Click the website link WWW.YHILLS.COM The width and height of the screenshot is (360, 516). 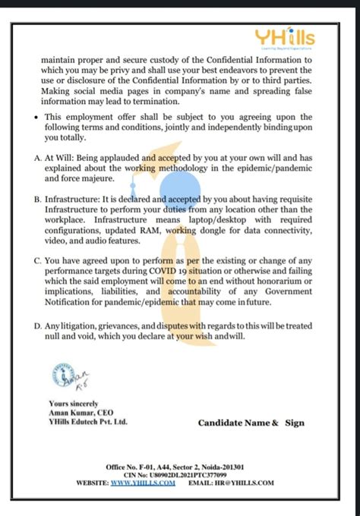click(144, 482)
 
